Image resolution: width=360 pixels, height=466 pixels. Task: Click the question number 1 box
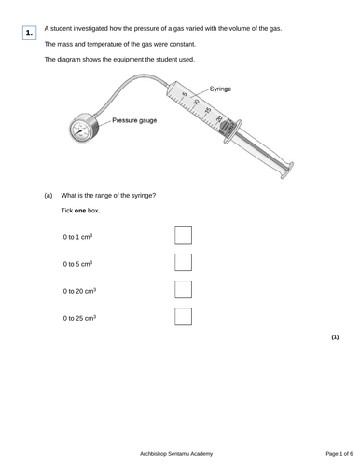pyautogui.click(x=29, y=33)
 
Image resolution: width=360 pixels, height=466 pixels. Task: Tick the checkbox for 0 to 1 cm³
pyautogui.click(x=183, y=236)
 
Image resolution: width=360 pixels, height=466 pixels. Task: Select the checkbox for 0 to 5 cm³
pyautogui.click(x=183, y=263)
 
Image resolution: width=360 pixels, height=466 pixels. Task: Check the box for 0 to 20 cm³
pyautogui.click(x=183, y=290)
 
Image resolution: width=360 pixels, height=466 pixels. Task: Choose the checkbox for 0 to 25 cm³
pyautogui.click(x=183, y=317)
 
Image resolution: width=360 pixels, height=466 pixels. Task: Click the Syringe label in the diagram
pyautogui.click(x=220, y=89)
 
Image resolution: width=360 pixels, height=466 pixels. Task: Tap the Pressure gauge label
pyautogui.click(x=134, y=120)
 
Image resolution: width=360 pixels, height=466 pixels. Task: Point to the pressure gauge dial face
pyautogui.click(x=80, y=130)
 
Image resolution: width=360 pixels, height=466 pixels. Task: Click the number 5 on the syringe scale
pyautogui.click(x=185, y=94)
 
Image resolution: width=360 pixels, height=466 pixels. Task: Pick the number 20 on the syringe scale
pyautogui.click(x=219, y=118)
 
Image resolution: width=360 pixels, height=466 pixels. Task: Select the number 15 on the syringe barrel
pyautogui.click(x=208, y=110)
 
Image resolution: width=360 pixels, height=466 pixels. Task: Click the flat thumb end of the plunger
pyautogui.click(x=287, y=171)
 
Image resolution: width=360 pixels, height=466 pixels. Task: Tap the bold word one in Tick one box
pyautogui.click(x=80, y=211)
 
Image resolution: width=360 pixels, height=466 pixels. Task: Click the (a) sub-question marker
pyautogui.click(x=48, y=196)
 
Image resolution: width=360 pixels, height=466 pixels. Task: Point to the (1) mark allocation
pyautogui.click(x=335, y=337)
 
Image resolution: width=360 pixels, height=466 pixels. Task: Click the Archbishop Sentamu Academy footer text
pyautogui.click(x=176, y=454)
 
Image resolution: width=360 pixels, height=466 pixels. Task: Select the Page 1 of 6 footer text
pyautogui.click(x=339, y=454)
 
